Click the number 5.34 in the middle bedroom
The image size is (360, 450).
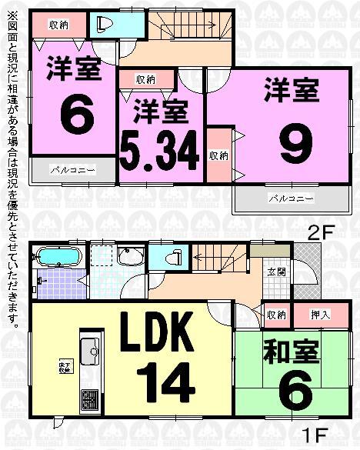point(160,151)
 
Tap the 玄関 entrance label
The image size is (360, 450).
point(276,272)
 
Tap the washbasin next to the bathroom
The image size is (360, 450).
point(130,255)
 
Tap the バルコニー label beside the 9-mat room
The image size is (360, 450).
point(290,198)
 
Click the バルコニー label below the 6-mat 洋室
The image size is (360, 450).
point(73,168)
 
